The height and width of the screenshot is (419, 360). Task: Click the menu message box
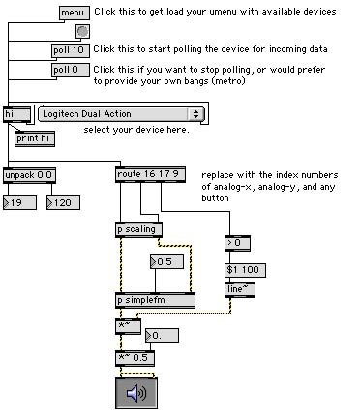click(x=74, y=13)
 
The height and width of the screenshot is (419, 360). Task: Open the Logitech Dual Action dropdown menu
click(x=121, y=114)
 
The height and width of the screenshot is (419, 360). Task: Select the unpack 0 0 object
click(x=28, y=175)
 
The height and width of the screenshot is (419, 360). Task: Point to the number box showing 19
click(x=18, y=202)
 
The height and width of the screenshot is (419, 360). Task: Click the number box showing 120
click(x=64, y=202)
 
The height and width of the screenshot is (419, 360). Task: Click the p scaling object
click(x=138, y=230)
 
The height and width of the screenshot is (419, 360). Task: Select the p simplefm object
click(x=154, y=301)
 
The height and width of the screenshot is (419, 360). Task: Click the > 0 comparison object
click(x=237, y=242)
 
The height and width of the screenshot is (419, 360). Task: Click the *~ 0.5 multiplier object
click(x=135, y=358)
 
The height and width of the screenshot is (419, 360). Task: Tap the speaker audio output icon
click(x=135, y=394)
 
